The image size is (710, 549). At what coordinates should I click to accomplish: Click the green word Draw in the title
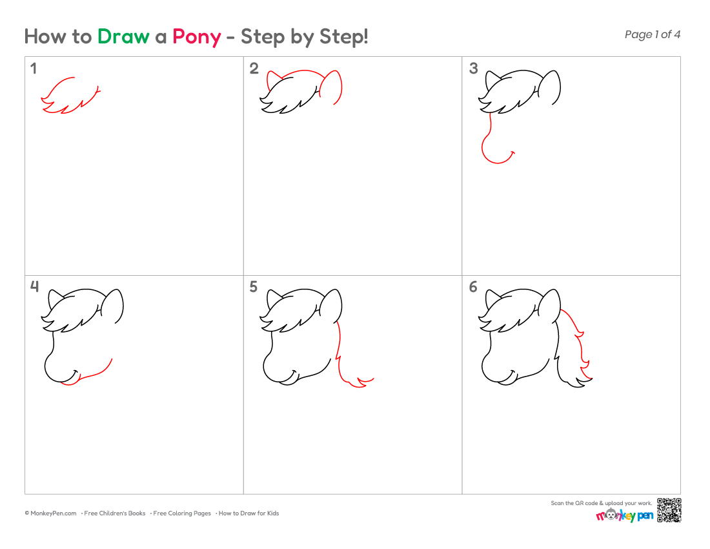[123, 36]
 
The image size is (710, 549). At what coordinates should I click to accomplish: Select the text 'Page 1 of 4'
[652, 34]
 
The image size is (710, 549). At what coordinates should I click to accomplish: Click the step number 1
[34, 68]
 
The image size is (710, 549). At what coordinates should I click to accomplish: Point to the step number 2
[254, 68]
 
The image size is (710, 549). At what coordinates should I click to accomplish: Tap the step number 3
[473, 68]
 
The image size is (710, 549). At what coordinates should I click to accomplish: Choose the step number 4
[34, 287]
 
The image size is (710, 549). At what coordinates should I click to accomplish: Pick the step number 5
[254, 287]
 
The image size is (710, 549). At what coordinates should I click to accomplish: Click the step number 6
[473, 287]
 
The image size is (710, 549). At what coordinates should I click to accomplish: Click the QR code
[669, 510]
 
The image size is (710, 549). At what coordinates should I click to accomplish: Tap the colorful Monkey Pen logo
[624, 515]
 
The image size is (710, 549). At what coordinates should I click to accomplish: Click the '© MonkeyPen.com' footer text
[51, 513]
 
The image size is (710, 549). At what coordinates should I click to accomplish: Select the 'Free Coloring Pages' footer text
[182, 513]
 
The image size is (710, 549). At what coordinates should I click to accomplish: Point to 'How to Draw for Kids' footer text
[249, 513]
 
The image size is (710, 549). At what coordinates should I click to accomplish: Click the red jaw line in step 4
[94, 375]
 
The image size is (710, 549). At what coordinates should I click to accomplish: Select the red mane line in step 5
[341, 358]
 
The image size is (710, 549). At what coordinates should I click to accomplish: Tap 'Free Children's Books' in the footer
[114, 513]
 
